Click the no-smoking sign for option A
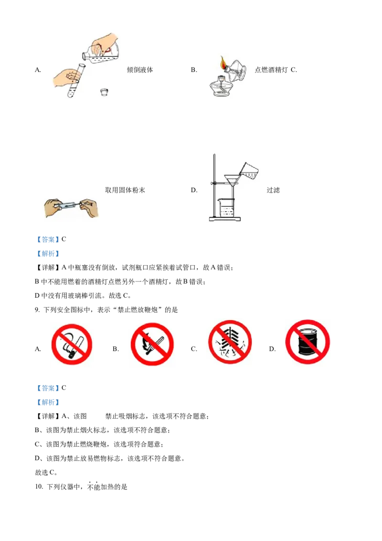click(x=72, y=344)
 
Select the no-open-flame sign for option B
click(x=152, y=344)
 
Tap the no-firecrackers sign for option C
click(x=230, y=342)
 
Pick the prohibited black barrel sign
click(x=308, y=342)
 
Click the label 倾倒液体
click(x=139, y=70)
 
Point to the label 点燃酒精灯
click(x=271, y=70)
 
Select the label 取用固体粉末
click(x=125, y=190)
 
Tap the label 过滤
click(x=273, y=190)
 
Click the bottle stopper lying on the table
click(x=104, y=92)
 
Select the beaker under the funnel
click(x=226, y=208)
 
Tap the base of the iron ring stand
click(x=225, y=219)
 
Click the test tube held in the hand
click(x=76, y=80)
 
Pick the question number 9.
click(x=37, y=310)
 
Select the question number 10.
click(x=39, y=487)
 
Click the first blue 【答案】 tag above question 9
click(x=48, y=239)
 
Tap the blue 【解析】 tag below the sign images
click(x=48, y=402)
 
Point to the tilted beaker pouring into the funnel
click(x=249, y=170)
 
